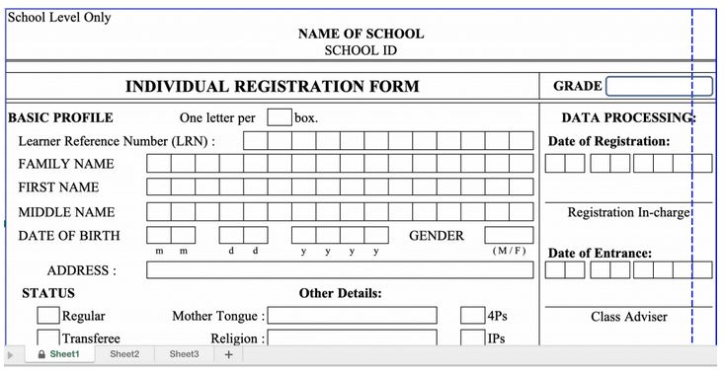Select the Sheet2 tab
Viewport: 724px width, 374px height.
tap(124, 354)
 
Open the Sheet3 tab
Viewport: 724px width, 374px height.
tap(184, 354)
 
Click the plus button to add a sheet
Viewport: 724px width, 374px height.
tap(229, 354)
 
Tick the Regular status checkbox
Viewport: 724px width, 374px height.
tap(47, 316)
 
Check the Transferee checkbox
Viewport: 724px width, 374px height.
tap(47, 337)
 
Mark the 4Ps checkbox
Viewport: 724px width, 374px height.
tap(472, 316)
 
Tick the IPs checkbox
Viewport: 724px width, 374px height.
tap(472, 337)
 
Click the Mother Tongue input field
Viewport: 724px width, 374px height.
tap(352, 316)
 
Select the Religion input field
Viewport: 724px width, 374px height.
tap(352, 337)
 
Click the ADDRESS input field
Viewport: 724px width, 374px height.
tap(340, 269)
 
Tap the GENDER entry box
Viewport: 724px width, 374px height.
tap(508, 236)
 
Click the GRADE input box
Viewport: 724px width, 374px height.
tap(658, 86)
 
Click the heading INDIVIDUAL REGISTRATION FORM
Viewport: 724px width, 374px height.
tap(272, 87)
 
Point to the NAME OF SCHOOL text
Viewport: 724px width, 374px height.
tap(361, 34)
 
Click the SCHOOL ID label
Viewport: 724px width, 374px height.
tap(361, 50)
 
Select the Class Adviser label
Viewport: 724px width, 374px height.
tap(629, 317)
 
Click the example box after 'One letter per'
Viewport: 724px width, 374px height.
tap(280, 117)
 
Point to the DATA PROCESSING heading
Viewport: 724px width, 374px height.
tap(628, 117)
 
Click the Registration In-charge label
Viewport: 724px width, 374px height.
tap(628, 212)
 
